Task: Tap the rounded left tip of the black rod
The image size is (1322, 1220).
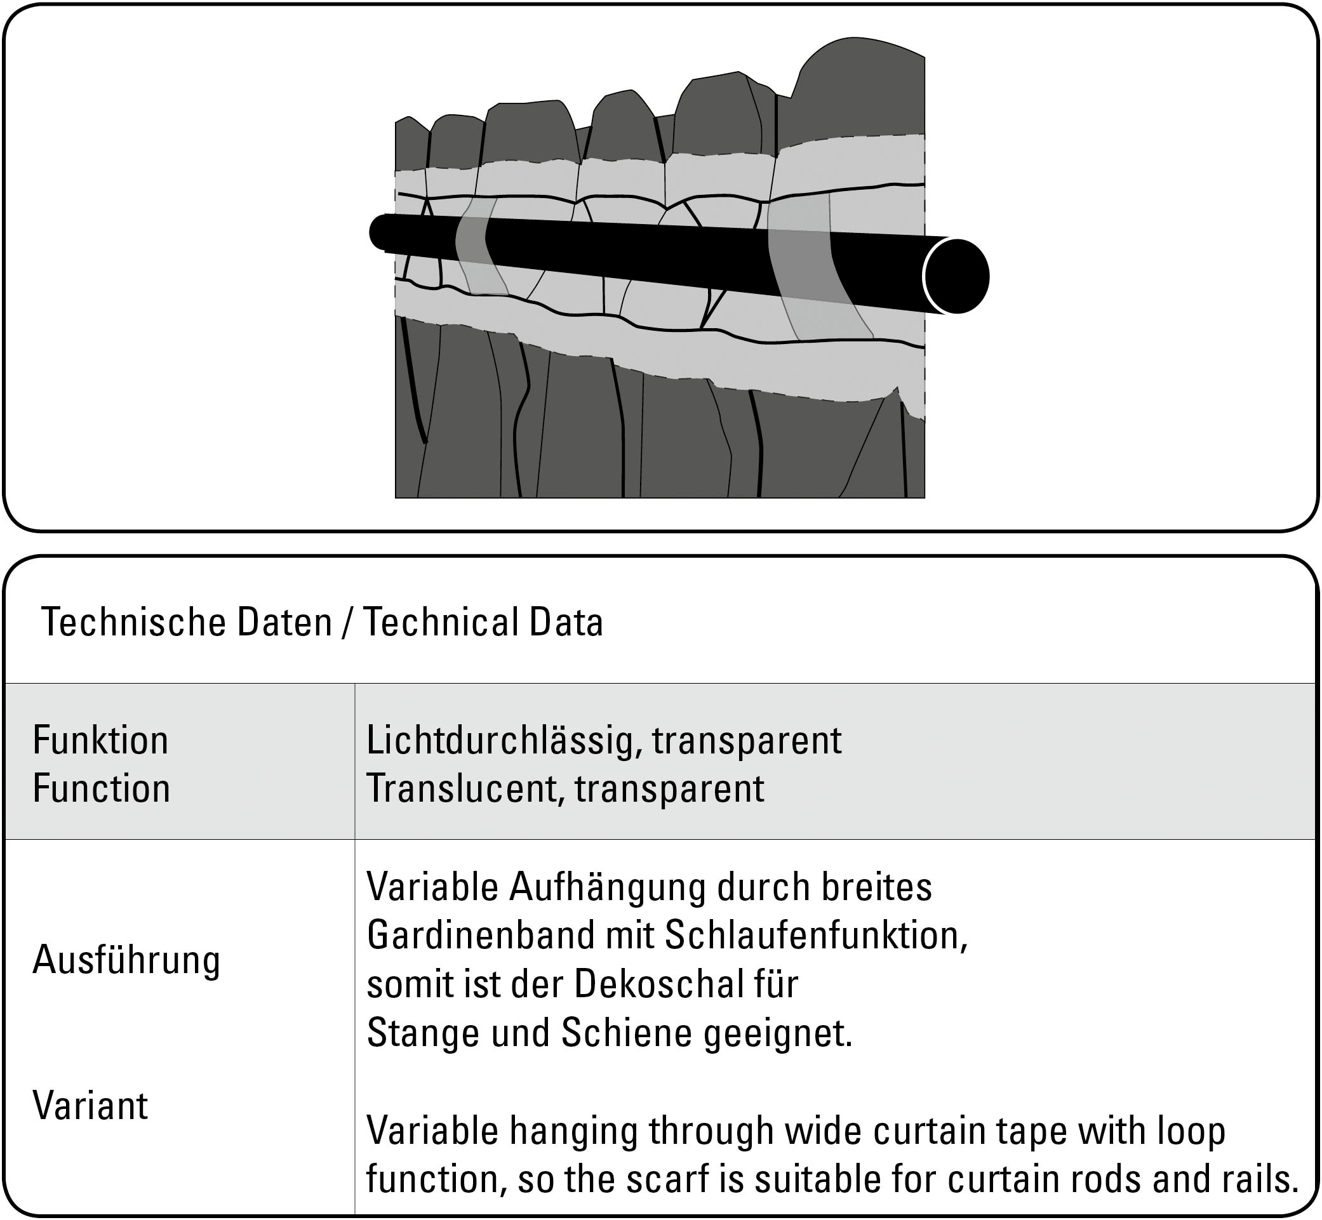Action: coord(378,232)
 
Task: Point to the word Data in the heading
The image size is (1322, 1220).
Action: coord(566,623)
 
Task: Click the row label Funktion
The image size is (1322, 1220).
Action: coord(100,740)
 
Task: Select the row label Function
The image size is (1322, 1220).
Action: coord(101,788)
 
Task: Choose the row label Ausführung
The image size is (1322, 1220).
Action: coord(126,960)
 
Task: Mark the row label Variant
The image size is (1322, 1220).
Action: coord(90,1106)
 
